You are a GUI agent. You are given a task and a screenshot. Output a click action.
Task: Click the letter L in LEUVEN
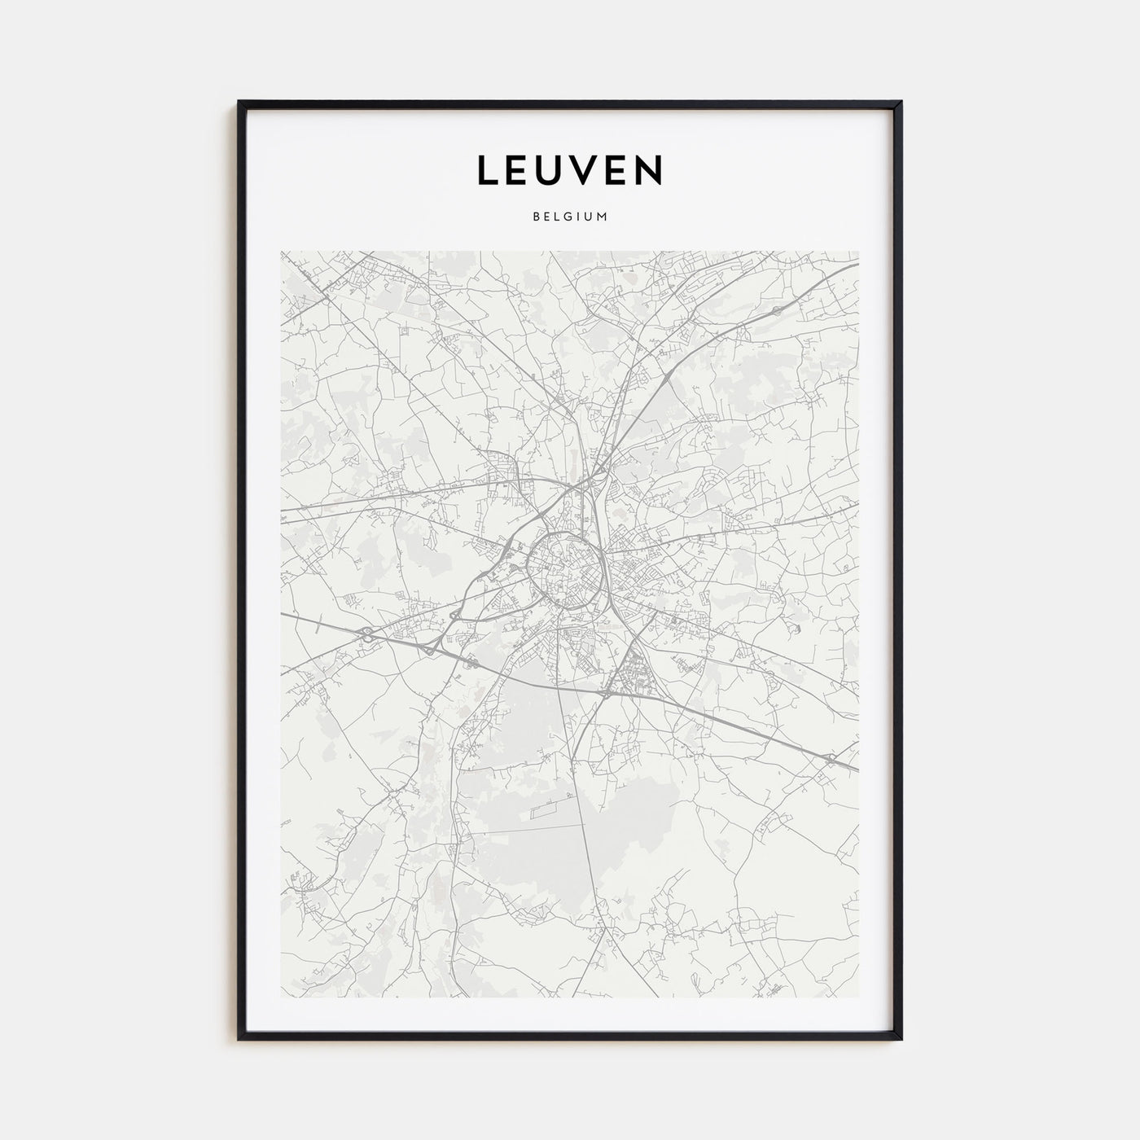coord(488,170)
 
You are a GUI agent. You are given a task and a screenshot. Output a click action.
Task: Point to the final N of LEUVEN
coord(650,170)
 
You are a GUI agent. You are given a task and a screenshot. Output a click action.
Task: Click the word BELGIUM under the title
coord(570,217)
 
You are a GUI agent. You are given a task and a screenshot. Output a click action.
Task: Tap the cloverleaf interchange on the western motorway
coord(367,633)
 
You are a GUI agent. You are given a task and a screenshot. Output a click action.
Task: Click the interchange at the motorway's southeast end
coord(830,759)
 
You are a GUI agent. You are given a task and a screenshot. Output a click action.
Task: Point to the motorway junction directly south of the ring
coord(607,693)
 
